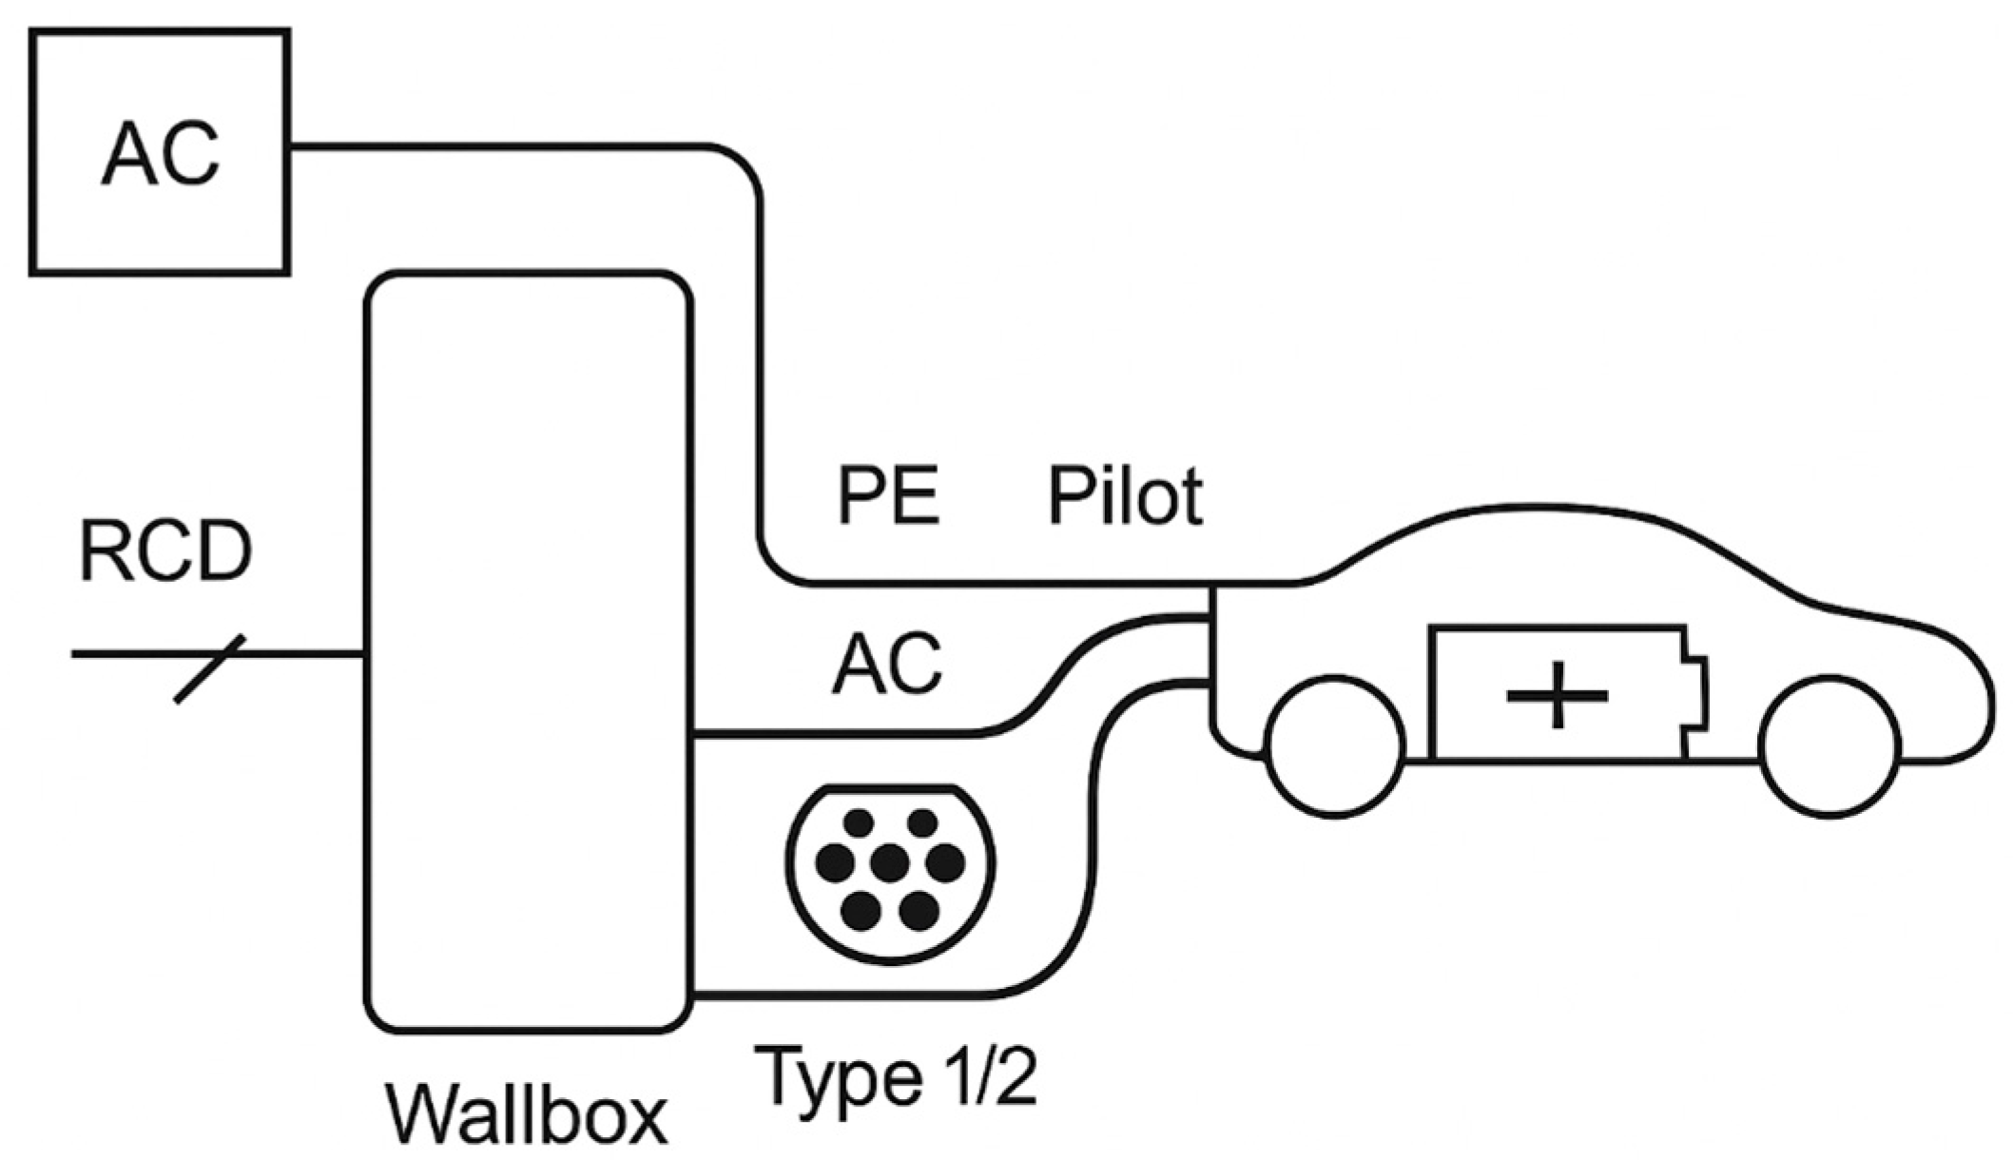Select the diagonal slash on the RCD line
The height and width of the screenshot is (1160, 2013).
209,668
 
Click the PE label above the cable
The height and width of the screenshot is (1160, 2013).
888,495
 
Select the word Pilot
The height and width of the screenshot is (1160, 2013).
1125,495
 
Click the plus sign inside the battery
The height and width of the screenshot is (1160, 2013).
1557,695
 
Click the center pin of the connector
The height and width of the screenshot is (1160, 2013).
890,862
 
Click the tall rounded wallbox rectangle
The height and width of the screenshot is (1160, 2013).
529,652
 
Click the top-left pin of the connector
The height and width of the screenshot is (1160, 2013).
859,822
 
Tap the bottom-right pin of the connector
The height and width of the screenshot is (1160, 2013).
919,910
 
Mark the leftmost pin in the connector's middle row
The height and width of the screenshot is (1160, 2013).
836,862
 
